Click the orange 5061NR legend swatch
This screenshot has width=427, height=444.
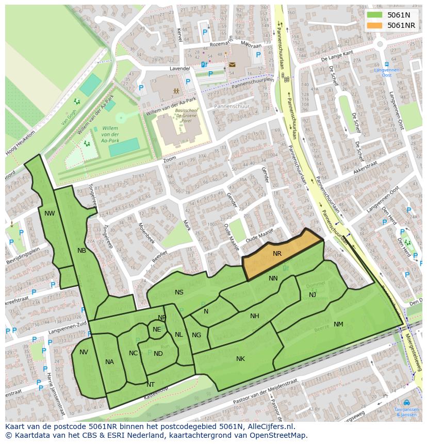(x=375, y=25)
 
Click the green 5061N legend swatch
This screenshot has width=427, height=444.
(x=375, y=15)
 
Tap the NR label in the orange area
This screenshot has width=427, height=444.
(x=277, y=254)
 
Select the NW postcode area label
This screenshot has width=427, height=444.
(x=50, y=213)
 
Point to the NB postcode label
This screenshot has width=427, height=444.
(x=81, y=251)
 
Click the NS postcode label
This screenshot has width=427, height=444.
(x=179, y=292)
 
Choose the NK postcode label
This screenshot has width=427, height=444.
(x=240, y=359)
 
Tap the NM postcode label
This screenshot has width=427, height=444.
(x=338, y=324)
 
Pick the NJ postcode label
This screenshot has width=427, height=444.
(x=313, y=295)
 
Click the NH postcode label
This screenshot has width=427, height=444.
(x=254, y=316)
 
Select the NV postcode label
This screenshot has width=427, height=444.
(x=84, y=352)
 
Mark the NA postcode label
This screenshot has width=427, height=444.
(x=109, y=362)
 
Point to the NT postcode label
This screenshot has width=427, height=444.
(x=151, y=385)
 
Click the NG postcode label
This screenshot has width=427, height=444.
(x=196, y=335)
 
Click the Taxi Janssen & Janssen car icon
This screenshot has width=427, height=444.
(x=406, y=402)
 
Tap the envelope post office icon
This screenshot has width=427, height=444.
(x=232, y=64)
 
